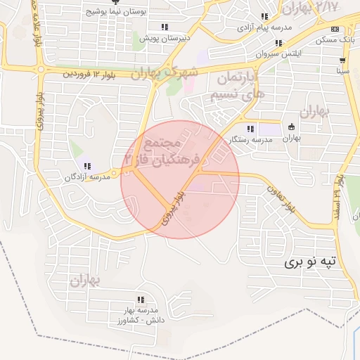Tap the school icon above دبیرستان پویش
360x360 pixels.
164,27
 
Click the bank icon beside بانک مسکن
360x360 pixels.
335,29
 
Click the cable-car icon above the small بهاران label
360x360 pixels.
291,127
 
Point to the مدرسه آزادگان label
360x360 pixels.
88,178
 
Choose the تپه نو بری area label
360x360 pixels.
311,262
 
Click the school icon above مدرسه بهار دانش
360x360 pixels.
141,299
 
